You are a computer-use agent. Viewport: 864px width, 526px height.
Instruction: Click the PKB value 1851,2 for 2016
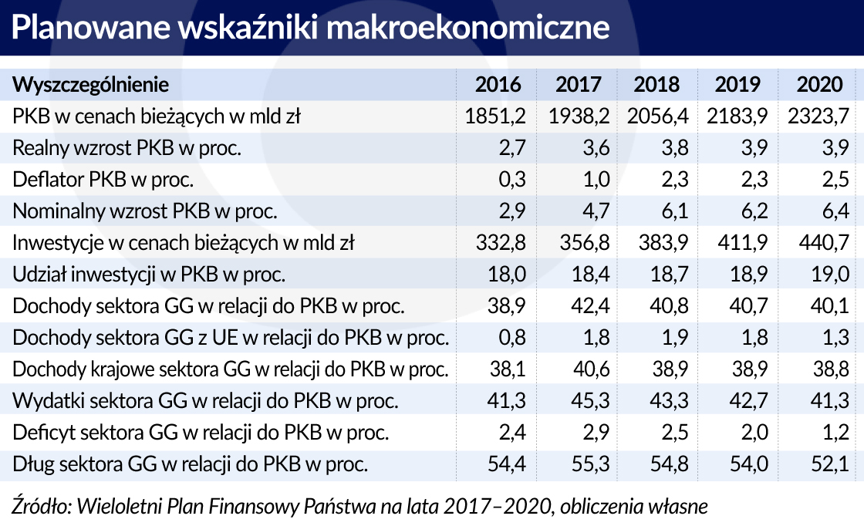496,116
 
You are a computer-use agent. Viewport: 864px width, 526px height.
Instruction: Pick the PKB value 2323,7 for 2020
818,116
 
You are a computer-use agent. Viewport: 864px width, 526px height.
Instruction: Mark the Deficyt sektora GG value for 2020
835,433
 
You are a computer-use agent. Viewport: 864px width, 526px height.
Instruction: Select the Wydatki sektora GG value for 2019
745,401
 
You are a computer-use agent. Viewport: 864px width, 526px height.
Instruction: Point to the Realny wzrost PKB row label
127,148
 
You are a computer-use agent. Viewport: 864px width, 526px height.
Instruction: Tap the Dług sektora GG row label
190,464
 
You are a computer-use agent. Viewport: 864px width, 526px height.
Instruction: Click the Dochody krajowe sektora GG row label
230,369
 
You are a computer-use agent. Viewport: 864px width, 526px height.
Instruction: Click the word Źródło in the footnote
39,506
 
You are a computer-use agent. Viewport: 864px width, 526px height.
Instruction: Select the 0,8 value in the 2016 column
509,338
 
